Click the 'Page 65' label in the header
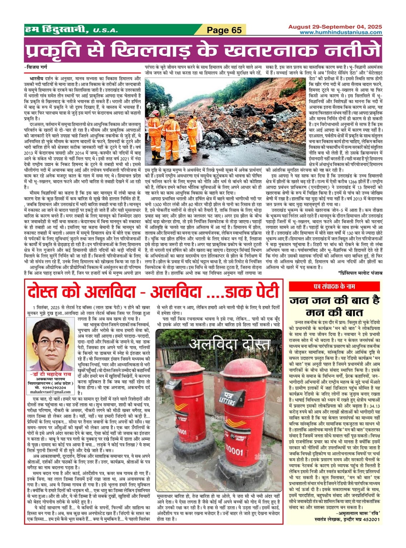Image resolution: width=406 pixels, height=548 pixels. coord(224,30)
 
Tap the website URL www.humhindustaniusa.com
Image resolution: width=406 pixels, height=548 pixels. coord(341,33)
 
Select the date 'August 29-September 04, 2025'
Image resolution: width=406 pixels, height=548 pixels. coord(335,27)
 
